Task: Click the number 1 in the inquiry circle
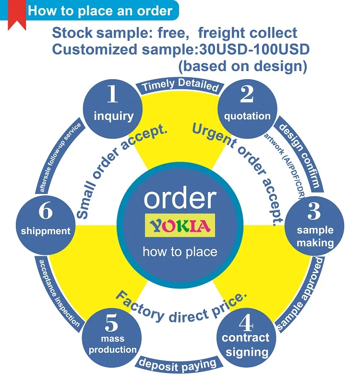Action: coord(113,95)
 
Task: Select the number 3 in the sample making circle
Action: coord(314,211)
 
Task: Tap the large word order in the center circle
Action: coord(180,198)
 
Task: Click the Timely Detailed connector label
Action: coord(180,85)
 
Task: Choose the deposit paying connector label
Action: coord(178,365)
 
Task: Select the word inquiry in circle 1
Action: coord(113,116)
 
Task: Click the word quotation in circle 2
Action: coord(247,116)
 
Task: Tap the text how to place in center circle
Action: coord(180,252)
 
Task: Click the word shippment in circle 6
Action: coord(46,230)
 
